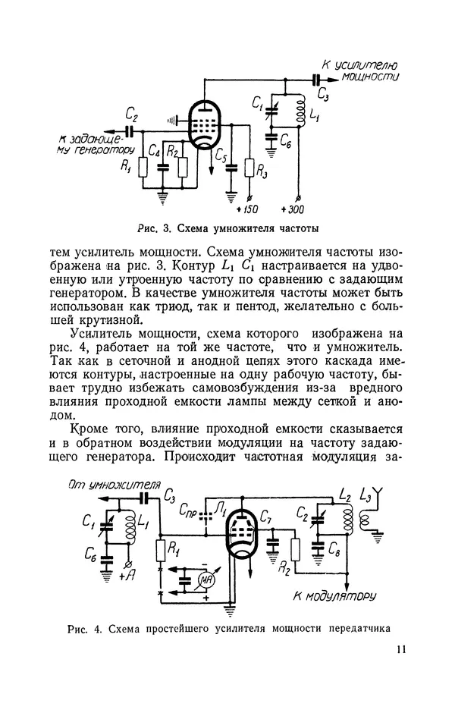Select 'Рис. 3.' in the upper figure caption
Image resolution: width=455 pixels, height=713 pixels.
(x=155, y=227)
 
